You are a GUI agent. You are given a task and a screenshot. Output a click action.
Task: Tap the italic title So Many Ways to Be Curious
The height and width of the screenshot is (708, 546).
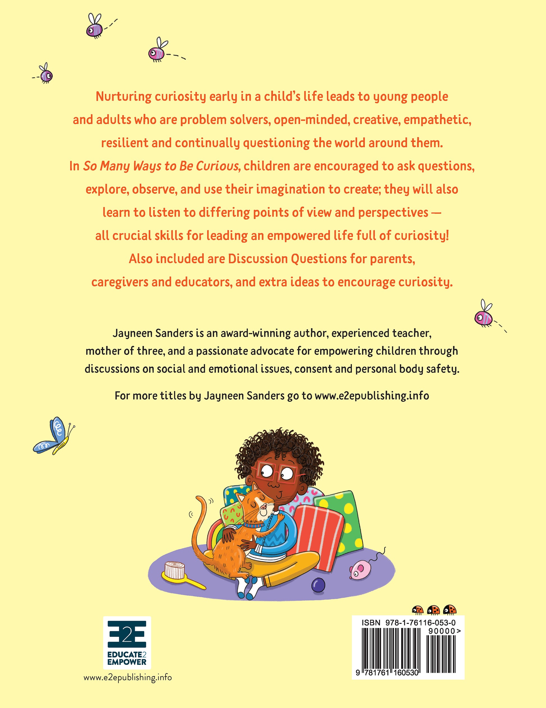162,166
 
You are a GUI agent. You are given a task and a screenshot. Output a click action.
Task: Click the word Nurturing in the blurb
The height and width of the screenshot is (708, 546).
124,97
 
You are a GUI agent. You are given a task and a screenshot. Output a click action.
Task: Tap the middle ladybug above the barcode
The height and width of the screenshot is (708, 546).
433,610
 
